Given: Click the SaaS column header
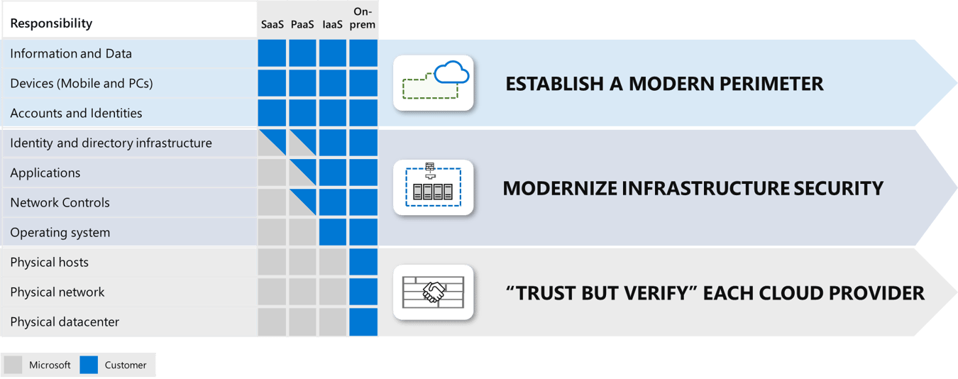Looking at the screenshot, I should [272, 24].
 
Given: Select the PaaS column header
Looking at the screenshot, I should [302, 24].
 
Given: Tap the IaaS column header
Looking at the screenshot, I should [332, 24].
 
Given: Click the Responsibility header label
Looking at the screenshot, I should [51, 23].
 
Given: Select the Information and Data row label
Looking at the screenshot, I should [71, 54].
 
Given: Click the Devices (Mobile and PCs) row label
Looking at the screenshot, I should [82, 84].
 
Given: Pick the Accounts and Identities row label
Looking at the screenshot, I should [76, 114].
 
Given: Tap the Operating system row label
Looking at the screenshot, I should [60, 233].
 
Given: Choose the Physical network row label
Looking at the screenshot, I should [57, 292].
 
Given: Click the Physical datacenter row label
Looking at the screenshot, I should [65, 322].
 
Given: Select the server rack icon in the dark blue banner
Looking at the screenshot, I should [433, 188].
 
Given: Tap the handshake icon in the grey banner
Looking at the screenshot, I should [433, 291].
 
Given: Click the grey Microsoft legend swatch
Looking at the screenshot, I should [13, 365].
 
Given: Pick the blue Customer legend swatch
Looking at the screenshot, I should [89, 365].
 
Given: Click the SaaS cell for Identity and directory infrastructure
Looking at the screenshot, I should [272, 143].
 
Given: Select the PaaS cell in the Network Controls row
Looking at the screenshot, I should [302, 203].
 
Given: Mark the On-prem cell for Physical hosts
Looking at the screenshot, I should [363, 263].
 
